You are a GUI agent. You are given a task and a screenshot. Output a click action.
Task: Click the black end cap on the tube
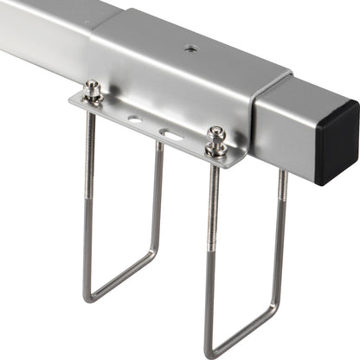337,143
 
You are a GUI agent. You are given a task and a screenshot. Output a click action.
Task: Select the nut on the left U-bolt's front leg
92,91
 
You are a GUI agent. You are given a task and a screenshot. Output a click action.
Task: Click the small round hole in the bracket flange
135,119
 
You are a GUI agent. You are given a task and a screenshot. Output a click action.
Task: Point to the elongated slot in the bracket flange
170,134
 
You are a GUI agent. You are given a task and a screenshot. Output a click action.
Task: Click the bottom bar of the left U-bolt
121,276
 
